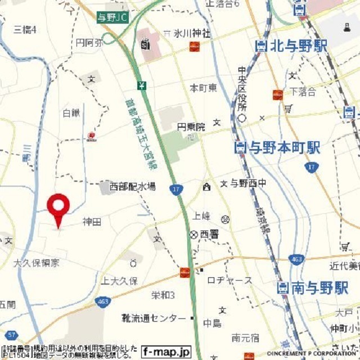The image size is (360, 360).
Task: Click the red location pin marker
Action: pos(58,208)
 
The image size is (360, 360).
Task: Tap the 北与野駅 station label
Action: pos(291,47)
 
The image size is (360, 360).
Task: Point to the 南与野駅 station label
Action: pos(313,289)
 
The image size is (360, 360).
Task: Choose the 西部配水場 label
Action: pos(133,186)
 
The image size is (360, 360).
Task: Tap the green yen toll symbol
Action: pos(141,85)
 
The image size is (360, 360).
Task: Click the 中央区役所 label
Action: pos(242,90)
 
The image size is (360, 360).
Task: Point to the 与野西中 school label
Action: pos(246,183)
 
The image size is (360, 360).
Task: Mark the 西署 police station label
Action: pos(205,235)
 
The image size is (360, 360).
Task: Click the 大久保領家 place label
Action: pos(37,262)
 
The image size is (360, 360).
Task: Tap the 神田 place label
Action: pos(92,222)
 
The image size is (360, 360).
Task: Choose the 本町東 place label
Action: pos(203,88)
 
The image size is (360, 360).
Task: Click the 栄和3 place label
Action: pos(163,295)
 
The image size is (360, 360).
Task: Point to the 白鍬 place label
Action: pos(71,113)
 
